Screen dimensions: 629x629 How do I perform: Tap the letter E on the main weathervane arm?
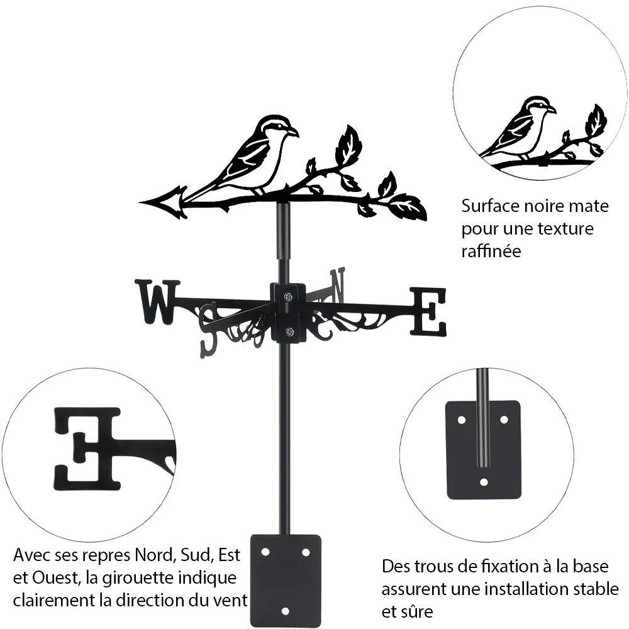pos(428,312)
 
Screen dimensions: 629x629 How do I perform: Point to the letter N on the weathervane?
pos(337,285)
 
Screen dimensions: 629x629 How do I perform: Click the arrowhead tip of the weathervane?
pos(140,201)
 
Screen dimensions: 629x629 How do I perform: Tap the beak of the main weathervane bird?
pos(294,133)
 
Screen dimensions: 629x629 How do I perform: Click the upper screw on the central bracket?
pos(288,297)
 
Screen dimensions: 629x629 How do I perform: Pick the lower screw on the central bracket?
pos(288,331)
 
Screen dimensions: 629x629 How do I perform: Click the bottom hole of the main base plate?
pos(285,611)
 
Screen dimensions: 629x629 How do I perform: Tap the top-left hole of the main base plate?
pos(265,552)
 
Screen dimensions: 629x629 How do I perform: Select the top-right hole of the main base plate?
pos(306,553)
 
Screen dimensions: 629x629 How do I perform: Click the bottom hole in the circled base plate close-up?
pos(484,482)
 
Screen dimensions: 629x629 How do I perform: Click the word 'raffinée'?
pos(491,251)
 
